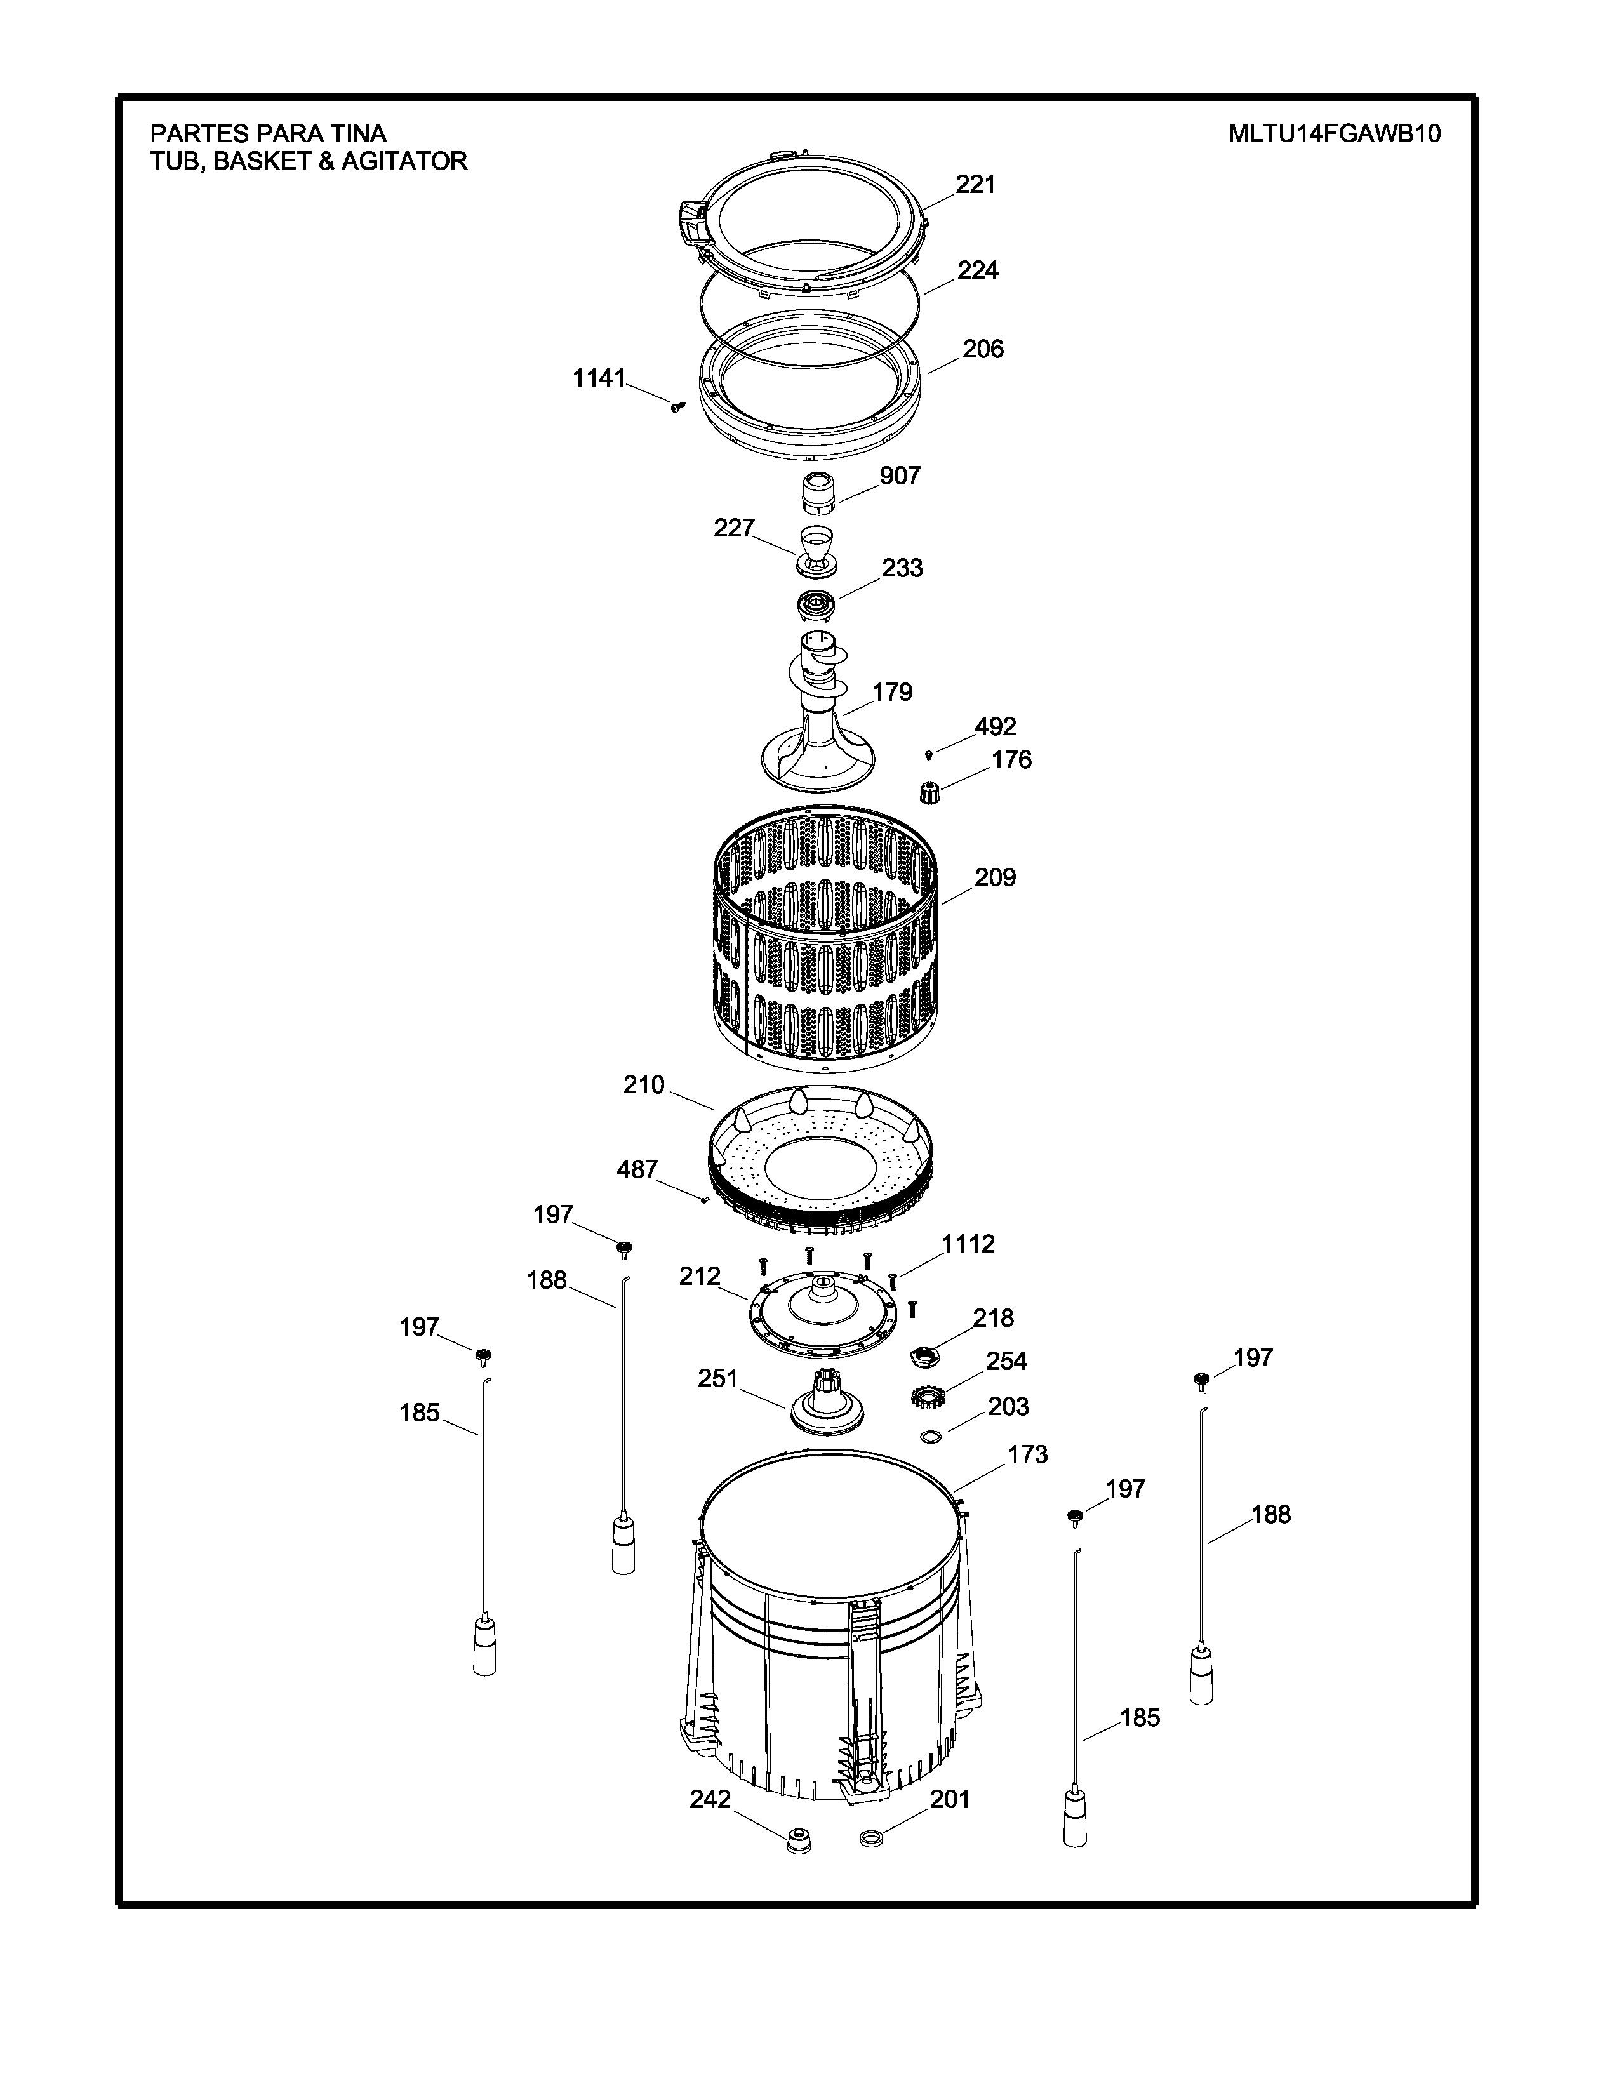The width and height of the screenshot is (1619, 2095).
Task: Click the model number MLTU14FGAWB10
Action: pos(1334,133)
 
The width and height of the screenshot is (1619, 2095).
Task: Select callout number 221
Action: pos(975,184)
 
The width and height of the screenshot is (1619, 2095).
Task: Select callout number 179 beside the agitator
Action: pos(892,691)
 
